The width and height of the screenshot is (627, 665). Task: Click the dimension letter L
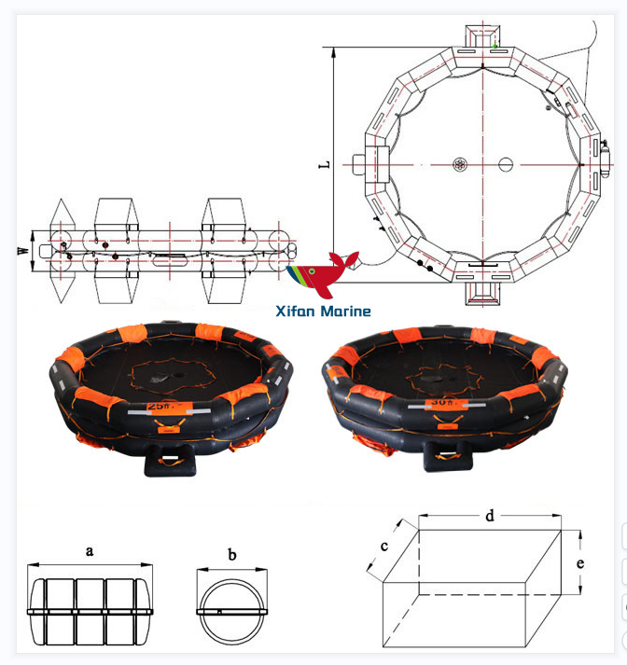point(324,165)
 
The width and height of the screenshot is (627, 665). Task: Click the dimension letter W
point(22,250)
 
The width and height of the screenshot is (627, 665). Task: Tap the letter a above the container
point(90,550)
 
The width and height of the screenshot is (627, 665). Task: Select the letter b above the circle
point(231,555)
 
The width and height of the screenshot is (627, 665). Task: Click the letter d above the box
point(490,515)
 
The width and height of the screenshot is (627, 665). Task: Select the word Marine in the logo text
point(345,312)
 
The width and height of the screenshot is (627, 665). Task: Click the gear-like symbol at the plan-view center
point(460,164)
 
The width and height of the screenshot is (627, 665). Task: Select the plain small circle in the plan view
point(506,164)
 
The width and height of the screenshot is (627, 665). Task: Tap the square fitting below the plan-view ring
point(482,290)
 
